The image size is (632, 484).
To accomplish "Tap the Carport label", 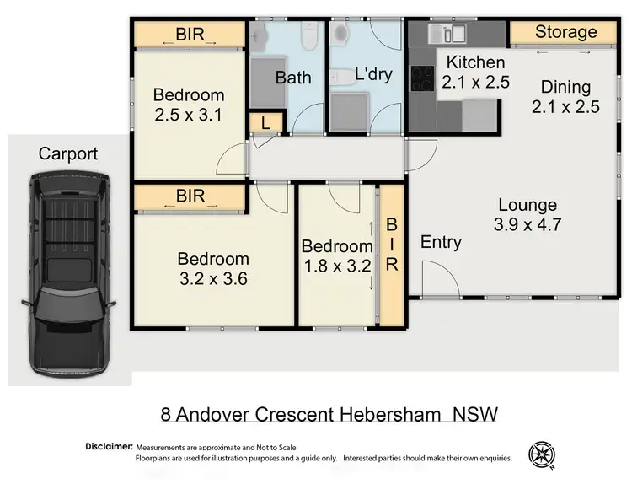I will pyautogui.click(x=68, y=153).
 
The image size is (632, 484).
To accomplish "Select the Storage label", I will pyautogui.click(x=565, y=32).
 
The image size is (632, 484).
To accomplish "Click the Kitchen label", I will pyautogui.click(x=475, y=62).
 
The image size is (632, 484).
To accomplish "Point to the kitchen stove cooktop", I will pyautogui.click(x=421, y=78).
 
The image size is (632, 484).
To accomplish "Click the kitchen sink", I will pyautogui.click(x=447, y=34).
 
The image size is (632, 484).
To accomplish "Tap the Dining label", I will pyautogui.click(x=565, y=87).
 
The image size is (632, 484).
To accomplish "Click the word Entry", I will pyautogui.click(x=441, y=243).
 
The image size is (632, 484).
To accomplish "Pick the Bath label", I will pyautogui.click(x=293, y=78).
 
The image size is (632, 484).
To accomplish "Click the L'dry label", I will pyautogui.click(x=373, y=75).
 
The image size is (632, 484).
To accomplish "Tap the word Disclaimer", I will pyautogui.click(x=109, y=445).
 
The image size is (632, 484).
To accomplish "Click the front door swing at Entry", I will pyautogui.click(x=432, y=278).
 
